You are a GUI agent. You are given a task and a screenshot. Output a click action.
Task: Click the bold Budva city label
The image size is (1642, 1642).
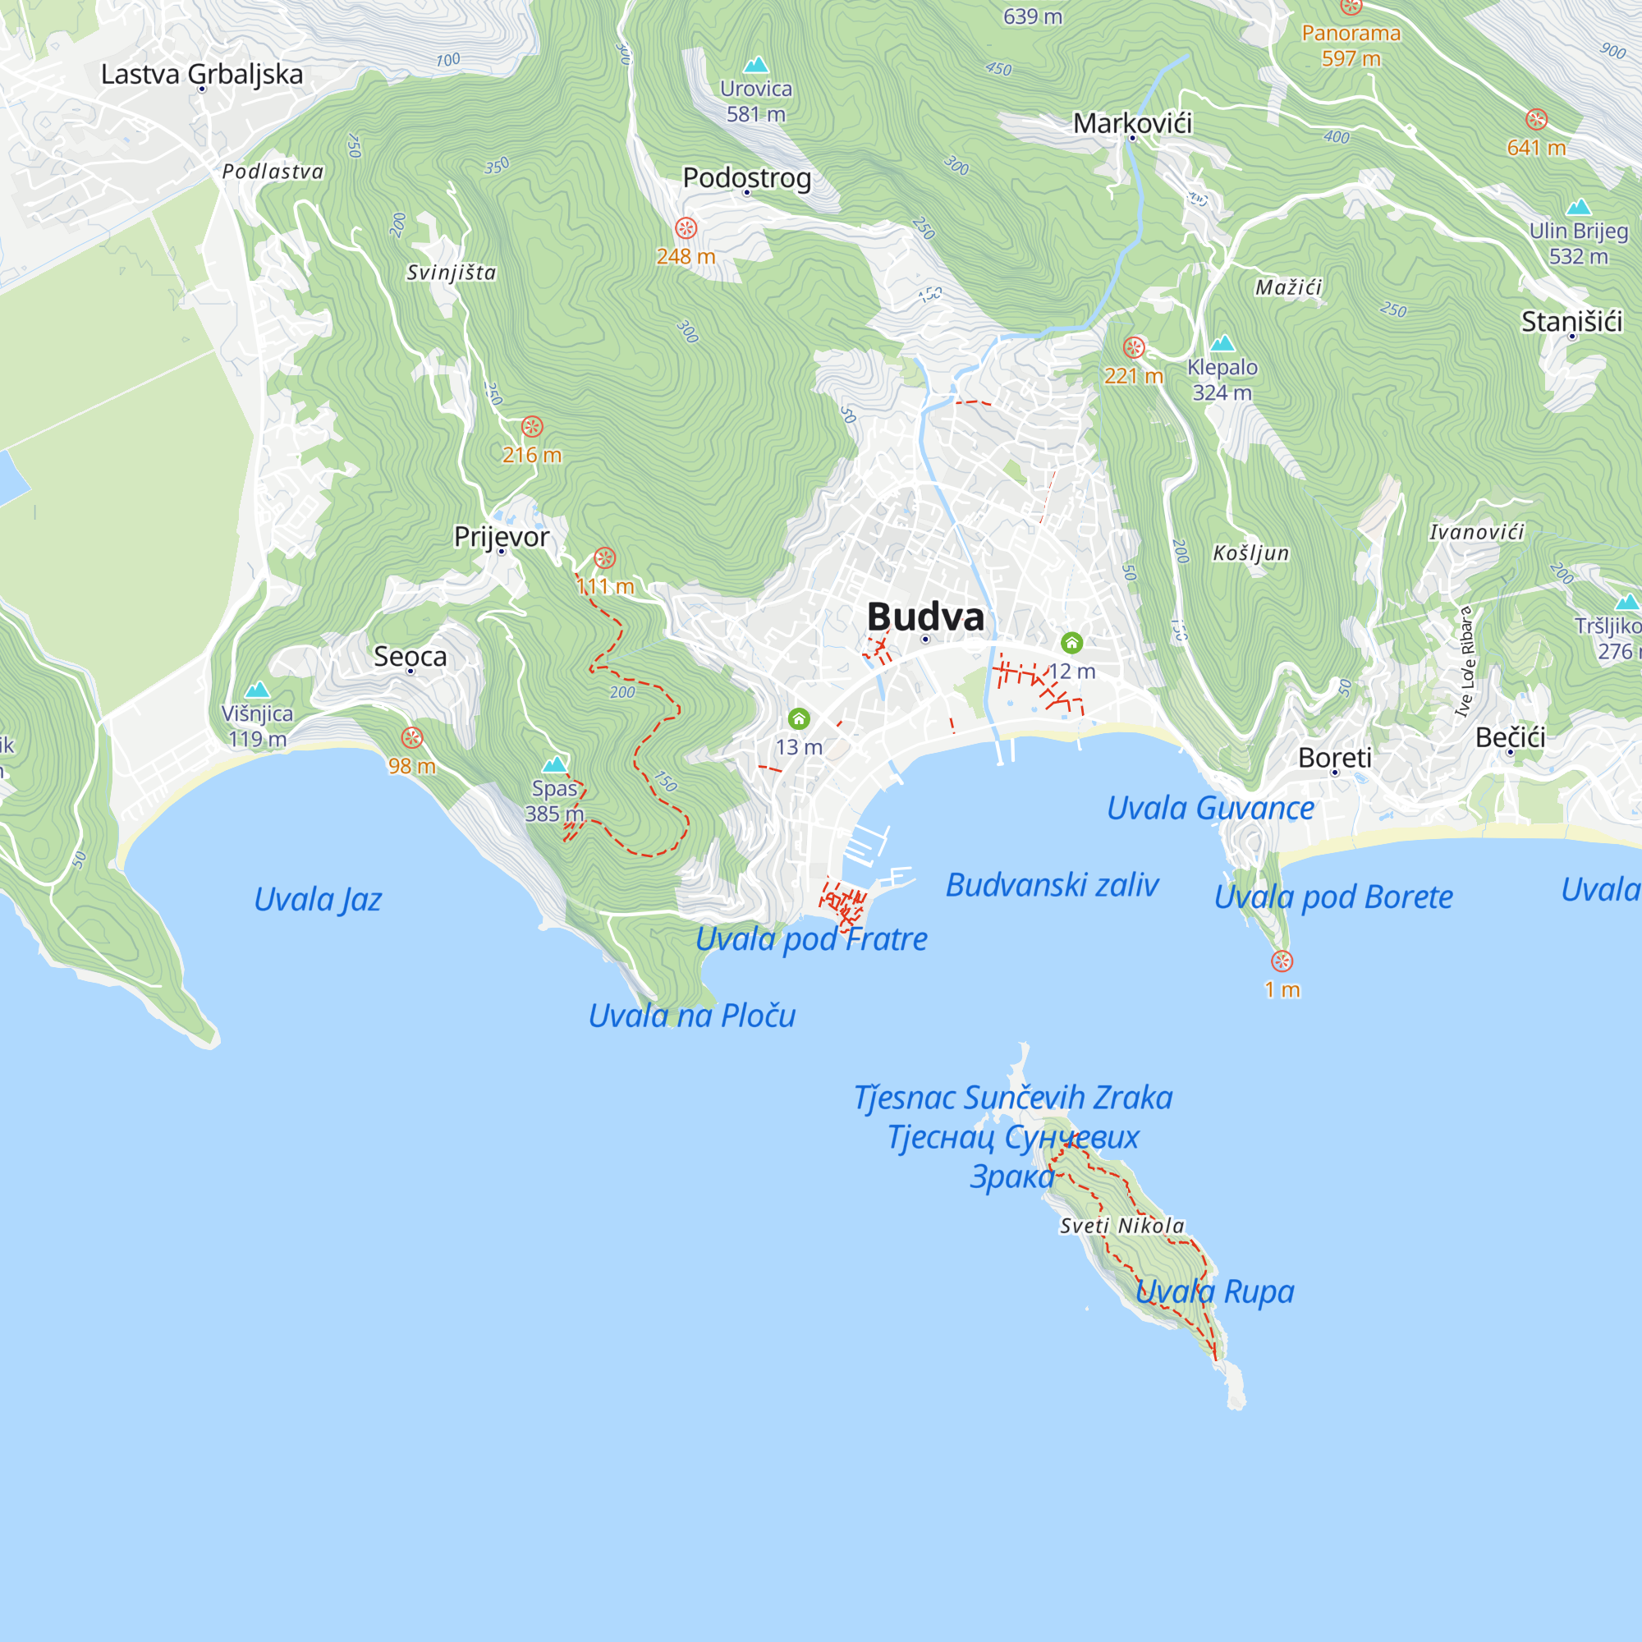[x=924, y=617]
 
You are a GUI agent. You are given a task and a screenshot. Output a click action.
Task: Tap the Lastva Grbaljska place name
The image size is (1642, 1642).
[x=201, y=74]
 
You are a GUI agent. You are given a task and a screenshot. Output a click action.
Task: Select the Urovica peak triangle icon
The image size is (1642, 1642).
[x=755, y=65]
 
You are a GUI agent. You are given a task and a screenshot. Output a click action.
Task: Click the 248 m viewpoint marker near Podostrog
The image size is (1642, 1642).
[x=686, y=227]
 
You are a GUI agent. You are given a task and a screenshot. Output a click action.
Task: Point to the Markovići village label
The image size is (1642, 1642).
[x=1132, y=123]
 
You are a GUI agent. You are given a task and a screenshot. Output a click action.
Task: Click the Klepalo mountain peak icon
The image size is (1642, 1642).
[x=1222, y=343]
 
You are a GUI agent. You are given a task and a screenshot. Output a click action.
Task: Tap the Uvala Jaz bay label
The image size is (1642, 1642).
[x=318, y=899]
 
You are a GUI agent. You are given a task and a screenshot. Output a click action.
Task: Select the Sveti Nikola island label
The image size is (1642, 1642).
[x=1121, y=1226]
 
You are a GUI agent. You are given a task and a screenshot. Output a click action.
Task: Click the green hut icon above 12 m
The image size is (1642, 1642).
[x=1071, y=643]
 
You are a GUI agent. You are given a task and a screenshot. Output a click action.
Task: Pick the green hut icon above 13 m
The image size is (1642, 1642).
[x=798, y=719]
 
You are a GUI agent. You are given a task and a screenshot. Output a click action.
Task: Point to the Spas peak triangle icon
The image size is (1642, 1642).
[x=555, y=764]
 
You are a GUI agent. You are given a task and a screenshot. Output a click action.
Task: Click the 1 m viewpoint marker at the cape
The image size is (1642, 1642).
[x=1282, y=961]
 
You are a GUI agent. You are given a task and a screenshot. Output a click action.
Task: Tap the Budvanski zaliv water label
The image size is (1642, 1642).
[x=1052, y=885]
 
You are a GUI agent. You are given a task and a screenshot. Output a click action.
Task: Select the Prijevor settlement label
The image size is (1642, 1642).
[x=502, y=536]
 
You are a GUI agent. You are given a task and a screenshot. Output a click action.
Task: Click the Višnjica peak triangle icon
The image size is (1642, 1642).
[x=258, y=690]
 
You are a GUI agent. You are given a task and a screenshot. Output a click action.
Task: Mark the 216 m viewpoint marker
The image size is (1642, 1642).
[x=532, y=427]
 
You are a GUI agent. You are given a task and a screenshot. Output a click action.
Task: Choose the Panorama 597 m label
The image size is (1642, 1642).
[x=1351, y=45]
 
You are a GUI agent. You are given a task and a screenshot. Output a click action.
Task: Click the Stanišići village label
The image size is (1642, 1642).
[x=1571, y=321]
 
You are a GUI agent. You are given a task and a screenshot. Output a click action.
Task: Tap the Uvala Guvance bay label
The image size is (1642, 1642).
[x=1209, y=807]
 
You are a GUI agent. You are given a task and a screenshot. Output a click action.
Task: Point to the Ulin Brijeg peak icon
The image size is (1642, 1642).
[x=1578, y=207]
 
